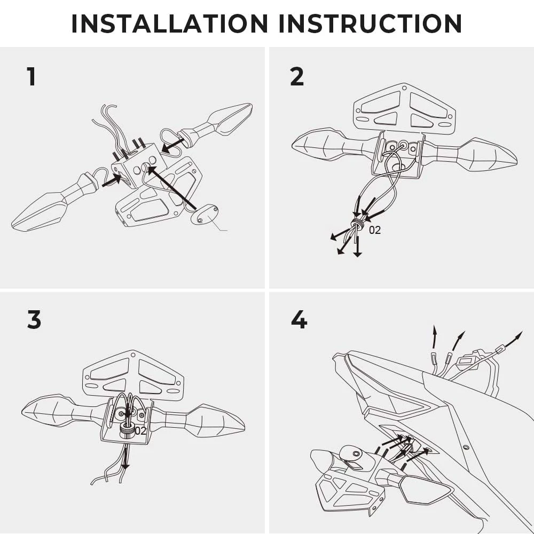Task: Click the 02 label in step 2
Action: (x=375, y=231)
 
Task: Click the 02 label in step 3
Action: (x=140, y=430)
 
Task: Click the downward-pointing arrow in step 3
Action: (x=125, y=459)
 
